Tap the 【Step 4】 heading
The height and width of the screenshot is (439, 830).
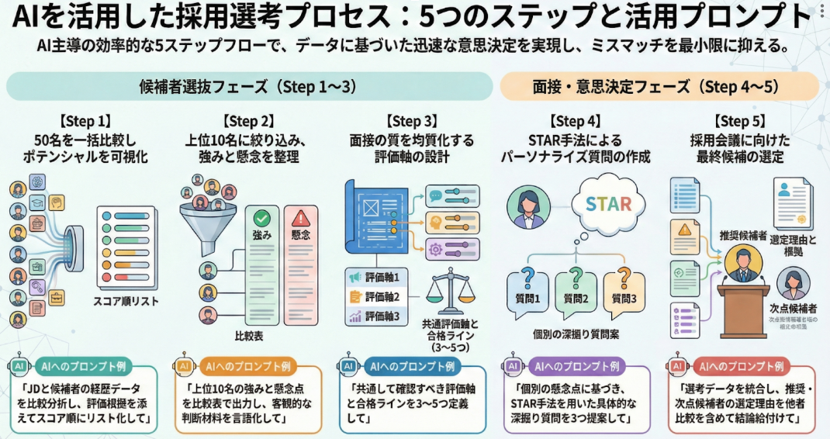[x=575, y=121]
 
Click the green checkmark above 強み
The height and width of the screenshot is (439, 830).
[x=261, y=219]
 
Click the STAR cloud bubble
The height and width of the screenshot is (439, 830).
[x=609, y=205]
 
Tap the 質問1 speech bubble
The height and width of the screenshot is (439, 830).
[x=527, y=286]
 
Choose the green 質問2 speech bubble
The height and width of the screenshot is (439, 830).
[x=575, y=286]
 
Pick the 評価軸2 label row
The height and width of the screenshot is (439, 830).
[x=376, y=296]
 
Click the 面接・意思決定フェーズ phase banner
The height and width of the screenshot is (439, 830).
[x=659, y=87]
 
